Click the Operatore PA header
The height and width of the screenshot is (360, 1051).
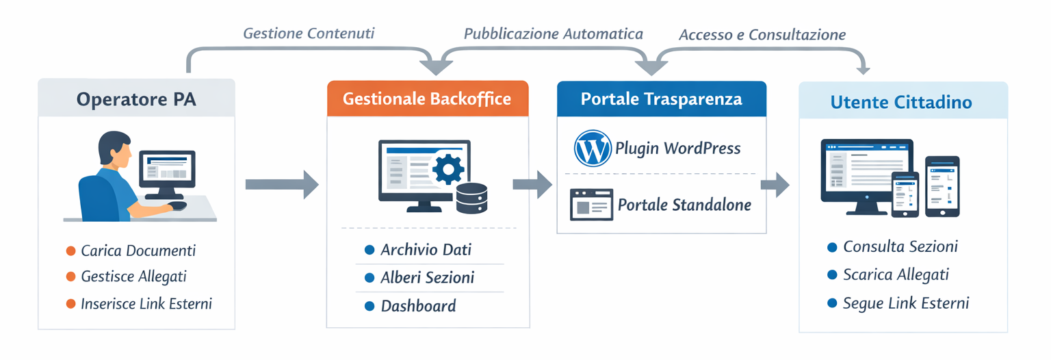click(x=136, y=99)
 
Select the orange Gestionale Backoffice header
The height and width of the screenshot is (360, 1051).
click(x=427, y=99)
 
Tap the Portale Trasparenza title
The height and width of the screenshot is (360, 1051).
click(x=661, y=99)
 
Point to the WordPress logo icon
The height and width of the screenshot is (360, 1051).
click(x=593, y=149)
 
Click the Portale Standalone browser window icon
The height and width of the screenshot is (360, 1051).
click(x=591, y=204)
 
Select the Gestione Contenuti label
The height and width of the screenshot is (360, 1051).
click(x=309, y=33)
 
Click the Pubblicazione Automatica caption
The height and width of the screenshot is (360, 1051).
click(x=553, y=34)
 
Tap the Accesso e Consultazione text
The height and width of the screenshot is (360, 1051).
click(x=762, y=34)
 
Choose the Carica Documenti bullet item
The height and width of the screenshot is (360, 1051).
click(x=138, y=250)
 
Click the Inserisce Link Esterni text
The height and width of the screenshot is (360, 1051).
click(x=146, y=304)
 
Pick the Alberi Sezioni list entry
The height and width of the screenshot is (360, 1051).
click(x=427, y=278)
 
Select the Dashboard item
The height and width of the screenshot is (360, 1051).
click(x=418, y=306)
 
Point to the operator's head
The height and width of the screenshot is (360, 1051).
click(x=114, y=151)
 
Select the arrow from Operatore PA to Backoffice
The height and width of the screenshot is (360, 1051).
click(x=281, y=184)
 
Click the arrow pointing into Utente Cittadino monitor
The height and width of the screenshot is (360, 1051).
click(x=775, y=184)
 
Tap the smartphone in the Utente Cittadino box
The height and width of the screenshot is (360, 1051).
click(x=942, y=186)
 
